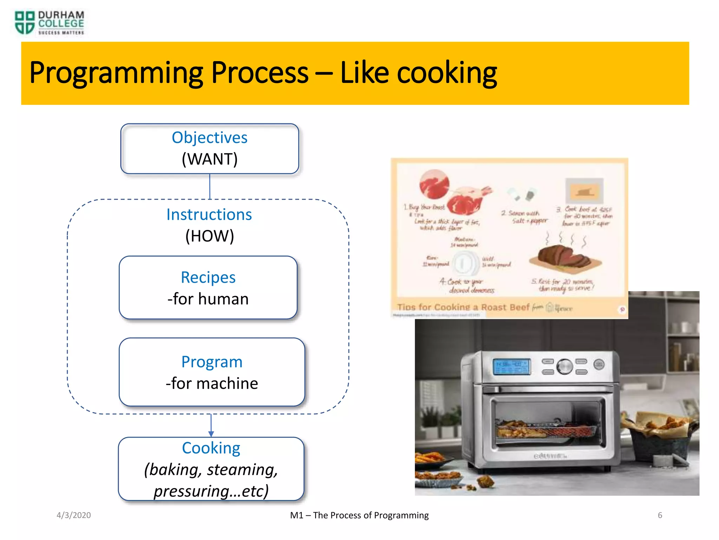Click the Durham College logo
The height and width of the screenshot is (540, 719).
[49, 22]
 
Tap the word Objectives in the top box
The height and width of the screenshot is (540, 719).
[210, 137]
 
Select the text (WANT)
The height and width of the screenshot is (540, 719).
[210, 159]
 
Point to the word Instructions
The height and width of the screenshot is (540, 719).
[209, 214]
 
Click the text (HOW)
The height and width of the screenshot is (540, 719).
[210, 236]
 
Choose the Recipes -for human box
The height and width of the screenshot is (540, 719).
[208, 288]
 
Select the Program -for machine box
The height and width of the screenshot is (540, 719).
[212, 372]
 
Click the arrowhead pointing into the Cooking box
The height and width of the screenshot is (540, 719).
[211, 434]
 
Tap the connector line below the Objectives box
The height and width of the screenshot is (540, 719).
[210, 186]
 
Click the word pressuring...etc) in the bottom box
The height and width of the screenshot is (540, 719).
[211, 491]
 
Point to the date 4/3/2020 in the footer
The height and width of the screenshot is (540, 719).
[74, 515]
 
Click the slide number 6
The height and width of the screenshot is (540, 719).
[660, 515]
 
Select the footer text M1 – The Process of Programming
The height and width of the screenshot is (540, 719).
[359, 515]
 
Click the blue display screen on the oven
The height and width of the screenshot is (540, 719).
[511, 367]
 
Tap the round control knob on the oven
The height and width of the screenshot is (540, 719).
[565, 367]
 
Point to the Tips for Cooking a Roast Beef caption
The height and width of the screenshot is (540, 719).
[463, 307]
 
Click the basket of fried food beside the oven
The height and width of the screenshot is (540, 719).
[660, 436]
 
